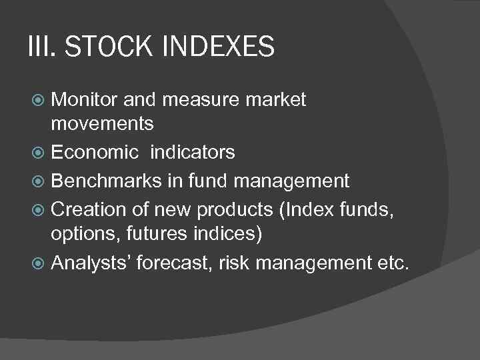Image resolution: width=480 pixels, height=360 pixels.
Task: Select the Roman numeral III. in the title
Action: click(41, 47)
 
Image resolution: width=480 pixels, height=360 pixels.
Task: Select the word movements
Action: click(103, 124)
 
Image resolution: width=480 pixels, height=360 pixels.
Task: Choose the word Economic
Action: click(96, 153)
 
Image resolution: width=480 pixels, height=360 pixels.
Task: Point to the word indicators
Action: click(193, 153)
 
